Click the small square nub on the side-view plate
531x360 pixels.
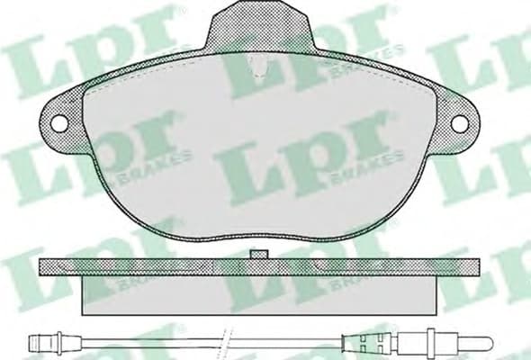pyautogui.click(x=262, y=256)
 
